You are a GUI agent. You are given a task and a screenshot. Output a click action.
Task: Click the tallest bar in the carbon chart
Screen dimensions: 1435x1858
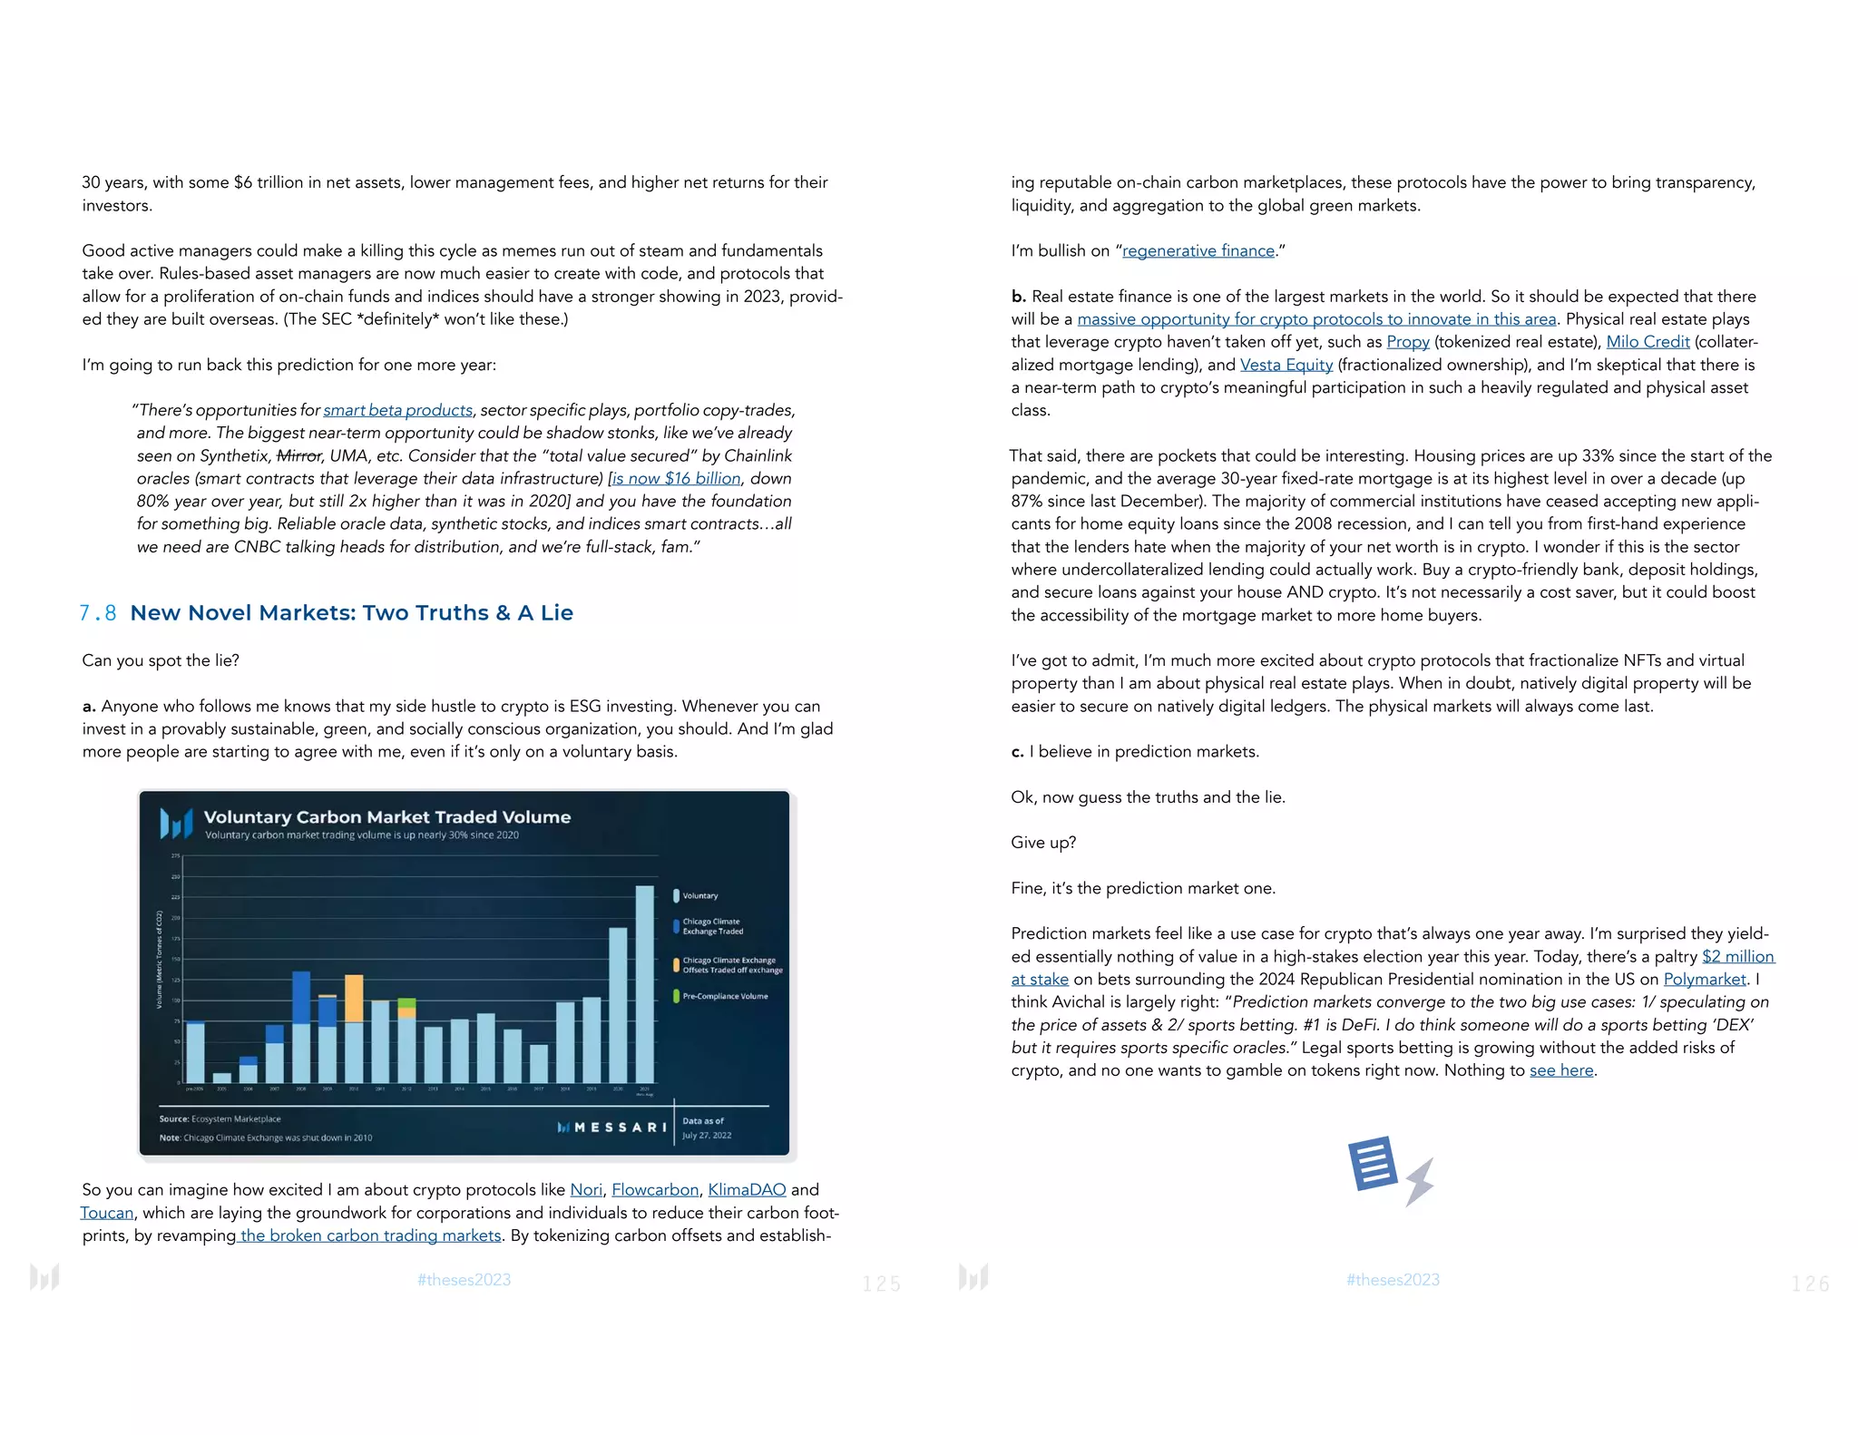tap(644, 984)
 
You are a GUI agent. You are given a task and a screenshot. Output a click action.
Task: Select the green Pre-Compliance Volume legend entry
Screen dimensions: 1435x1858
tap(723, 996)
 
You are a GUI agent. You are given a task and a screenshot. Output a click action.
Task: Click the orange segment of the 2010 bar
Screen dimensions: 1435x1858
tap(354, 998)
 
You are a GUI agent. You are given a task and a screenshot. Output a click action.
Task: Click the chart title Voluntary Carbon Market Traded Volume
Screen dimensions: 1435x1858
tap(387, 817)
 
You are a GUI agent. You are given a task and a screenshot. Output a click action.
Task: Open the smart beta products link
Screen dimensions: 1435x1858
tap(397, 411)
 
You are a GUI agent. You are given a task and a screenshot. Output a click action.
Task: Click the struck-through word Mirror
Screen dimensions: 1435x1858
tap(298, 456)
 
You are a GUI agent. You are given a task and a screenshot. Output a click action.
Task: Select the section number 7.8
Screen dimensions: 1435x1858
tap(98, 613)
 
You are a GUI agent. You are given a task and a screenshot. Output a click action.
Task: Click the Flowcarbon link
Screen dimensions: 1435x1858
tap(655, 1190)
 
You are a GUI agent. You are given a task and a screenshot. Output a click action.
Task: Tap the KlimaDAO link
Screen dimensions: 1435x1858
tap(747, 1190)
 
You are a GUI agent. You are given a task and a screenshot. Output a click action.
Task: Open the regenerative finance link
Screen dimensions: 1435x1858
tap(1198, 251)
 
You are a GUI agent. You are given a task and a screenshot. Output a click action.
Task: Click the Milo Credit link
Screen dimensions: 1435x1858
tap(1648, 342)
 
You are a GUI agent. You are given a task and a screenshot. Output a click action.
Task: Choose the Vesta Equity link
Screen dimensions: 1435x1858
tap(1286, 365)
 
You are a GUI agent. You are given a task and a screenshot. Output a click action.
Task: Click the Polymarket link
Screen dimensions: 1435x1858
tap(1704, 980)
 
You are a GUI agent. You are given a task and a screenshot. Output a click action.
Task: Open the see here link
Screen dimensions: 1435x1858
tap(1560, 1070)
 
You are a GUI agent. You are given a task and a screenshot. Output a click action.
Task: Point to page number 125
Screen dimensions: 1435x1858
tap(881, 1284)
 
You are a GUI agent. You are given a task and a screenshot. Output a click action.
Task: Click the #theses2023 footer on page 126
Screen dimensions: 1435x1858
tap(1393, 1280)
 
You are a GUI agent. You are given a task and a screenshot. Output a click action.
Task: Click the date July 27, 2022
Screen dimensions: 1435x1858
tap(707, 1136)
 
